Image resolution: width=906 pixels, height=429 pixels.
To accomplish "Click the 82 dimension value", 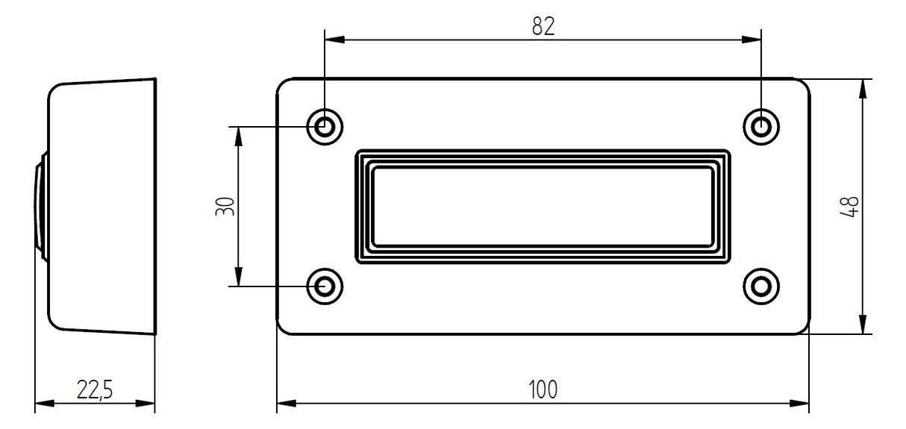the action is tap(543, 26).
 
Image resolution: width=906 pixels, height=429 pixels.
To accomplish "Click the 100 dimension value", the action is tap(543, 389).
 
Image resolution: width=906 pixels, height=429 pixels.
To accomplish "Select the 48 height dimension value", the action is tap(849, 207).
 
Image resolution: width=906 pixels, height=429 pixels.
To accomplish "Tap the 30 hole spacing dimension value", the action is tap(225, 207).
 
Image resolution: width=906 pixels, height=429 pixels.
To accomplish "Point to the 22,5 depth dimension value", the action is tap(95, 389).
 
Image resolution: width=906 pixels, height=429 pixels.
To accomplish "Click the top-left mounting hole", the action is tap(325, 127).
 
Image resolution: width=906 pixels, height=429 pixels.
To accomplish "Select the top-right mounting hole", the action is tap(761, 127).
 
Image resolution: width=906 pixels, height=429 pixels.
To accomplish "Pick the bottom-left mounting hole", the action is tap(325, 286).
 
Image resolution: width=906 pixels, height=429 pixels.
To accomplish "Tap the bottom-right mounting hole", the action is tap(761, 286).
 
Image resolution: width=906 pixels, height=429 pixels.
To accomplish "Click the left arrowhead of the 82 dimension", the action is tap(334, 40).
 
